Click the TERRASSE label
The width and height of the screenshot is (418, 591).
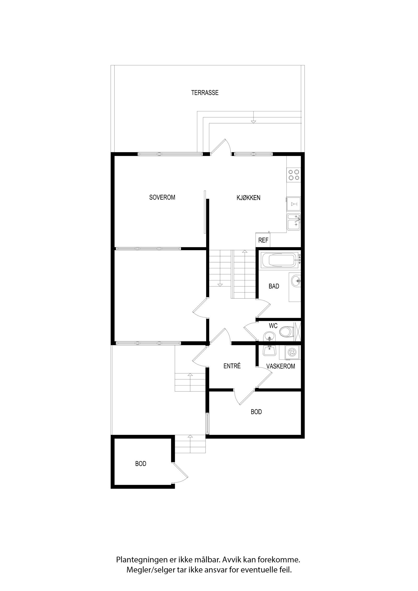[x=205, y=93]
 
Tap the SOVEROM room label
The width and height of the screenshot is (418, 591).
[x=162, y=197]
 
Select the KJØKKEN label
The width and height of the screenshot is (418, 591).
[x=248, y=198]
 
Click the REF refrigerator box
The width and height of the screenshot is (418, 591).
[x=263, y=240]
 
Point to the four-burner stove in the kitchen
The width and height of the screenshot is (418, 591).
[x=294, y=175]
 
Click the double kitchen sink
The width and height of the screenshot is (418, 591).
[x=294, y=222]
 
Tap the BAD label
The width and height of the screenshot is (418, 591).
[x=274, y=286]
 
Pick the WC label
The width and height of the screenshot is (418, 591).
[x=273, y=326]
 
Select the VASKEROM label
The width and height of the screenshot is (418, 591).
[x=281, y=366]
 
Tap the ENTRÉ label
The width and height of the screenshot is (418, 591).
[x=232, y=366]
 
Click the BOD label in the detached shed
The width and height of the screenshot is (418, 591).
[x=141, y=464]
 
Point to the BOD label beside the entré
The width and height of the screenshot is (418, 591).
[x=256, y=412]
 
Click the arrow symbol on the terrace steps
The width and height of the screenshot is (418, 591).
[x=253, y=121]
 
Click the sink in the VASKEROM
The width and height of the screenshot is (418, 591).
[x=269, y=350]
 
